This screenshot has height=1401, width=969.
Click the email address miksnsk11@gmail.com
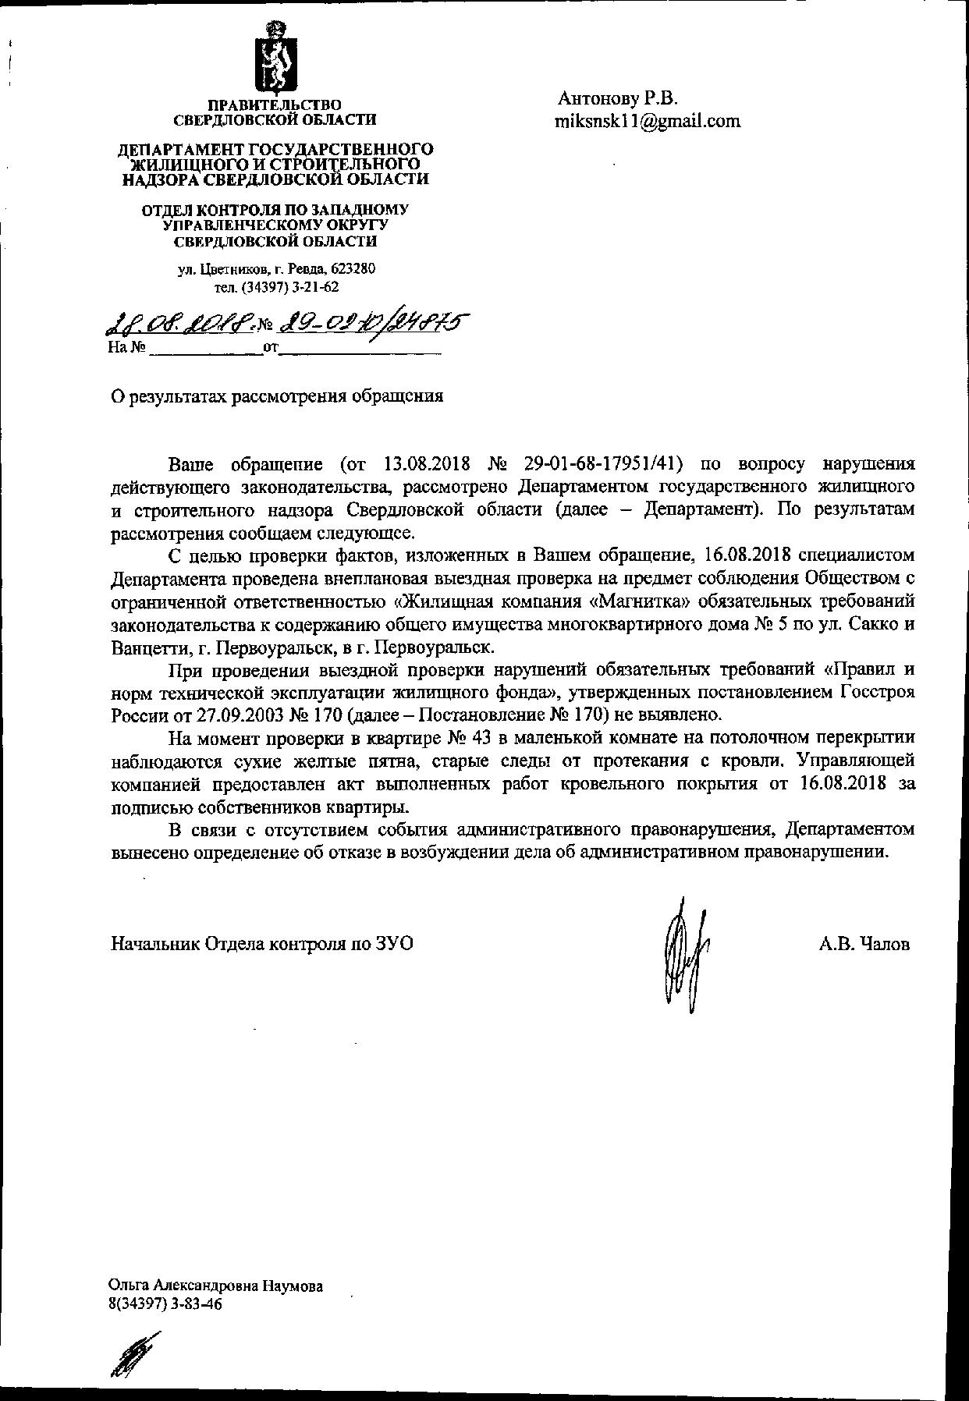coord(647,122)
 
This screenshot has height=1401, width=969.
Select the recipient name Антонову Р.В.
coord(618,99)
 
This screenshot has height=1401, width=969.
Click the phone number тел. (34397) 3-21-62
coord(277,287)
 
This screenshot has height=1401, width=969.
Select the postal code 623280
coord(353,269)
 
